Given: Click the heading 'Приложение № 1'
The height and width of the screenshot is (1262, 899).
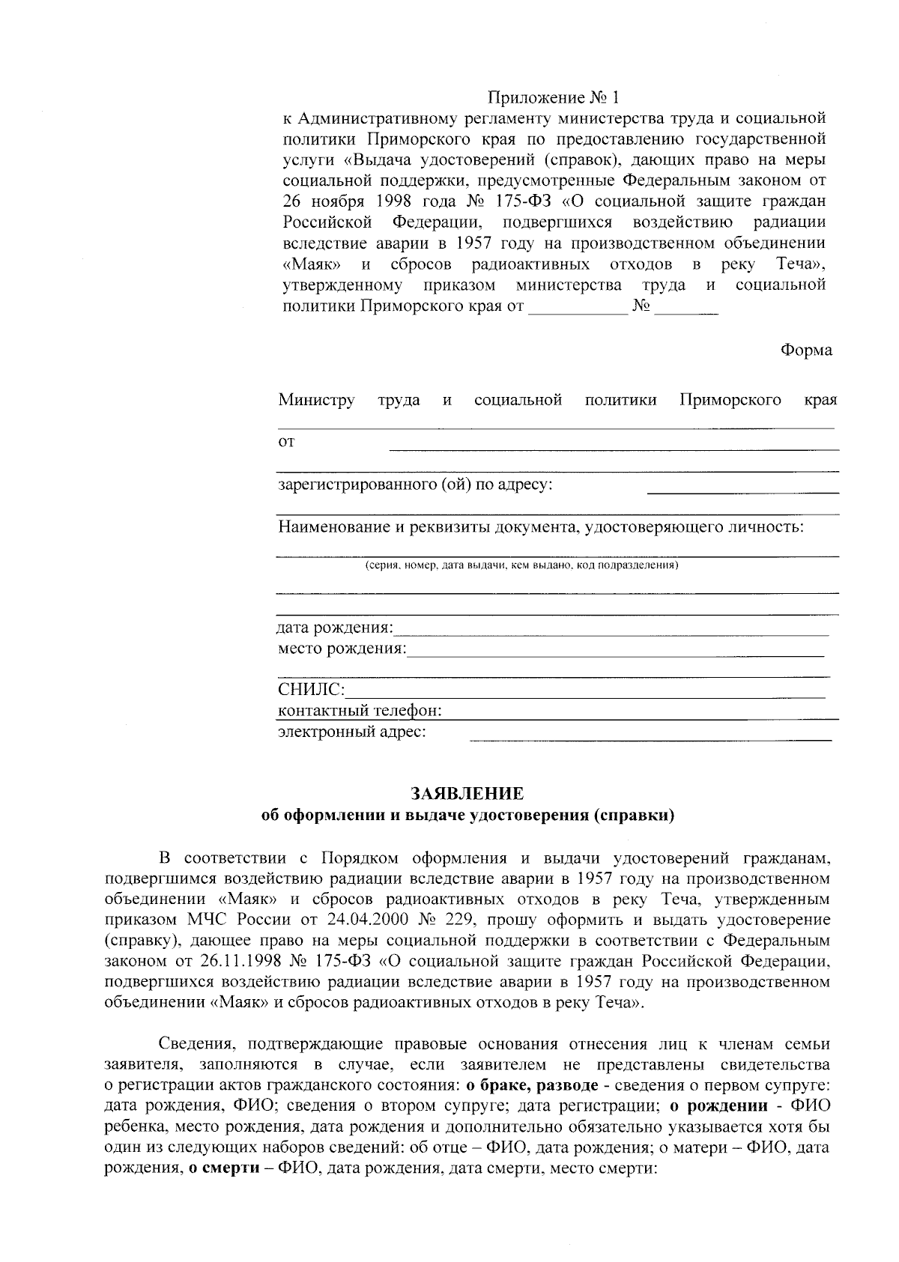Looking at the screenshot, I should pyautogui.click(x=554, y=97).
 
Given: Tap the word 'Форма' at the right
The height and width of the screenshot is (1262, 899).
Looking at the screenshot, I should pyautogui.click(x=806, y=350).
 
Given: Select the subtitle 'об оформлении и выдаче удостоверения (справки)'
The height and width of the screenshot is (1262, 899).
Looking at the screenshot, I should pyautogui.click(x=467, y=816).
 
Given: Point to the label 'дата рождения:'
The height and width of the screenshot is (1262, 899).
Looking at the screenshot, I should pyautogui.click(x=335, y=627).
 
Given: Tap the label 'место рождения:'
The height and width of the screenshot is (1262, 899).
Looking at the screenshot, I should pyautogui.click(x=342, y=648).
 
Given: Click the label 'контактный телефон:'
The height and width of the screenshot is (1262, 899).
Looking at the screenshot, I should pyautogui.click(x=360, y=710).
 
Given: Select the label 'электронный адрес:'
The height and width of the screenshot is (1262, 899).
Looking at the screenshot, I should pyautogui.click(x=352, y=731).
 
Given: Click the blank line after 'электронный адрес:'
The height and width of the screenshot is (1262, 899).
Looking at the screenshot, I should pyautogui.click(x=650, y=738).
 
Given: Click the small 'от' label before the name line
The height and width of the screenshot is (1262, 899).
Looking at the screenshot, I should pyautogui.click(x=286, y=442).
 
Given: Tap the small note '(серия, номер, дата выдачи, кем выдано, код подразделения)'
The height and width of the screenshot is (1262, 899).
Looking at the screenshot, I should pyautogui.click(x=521, y=565).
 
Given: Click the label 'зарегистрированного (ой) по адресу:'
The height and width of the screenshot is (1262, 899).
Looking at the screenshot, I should pyautogui.click(x=415, y=485).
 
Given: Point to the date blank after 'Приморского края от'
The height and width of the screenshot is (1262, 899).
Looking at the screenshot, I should pyautogui.click(x=578, y=312).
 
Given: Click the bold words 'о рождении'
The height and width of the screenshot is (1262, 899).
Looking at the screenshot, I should pyautogui.click(x=718, y=1106).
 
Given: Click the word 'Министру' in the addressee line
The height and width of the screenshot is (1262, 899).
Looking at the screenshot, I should pyautogui.click(x=316, y=400).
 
